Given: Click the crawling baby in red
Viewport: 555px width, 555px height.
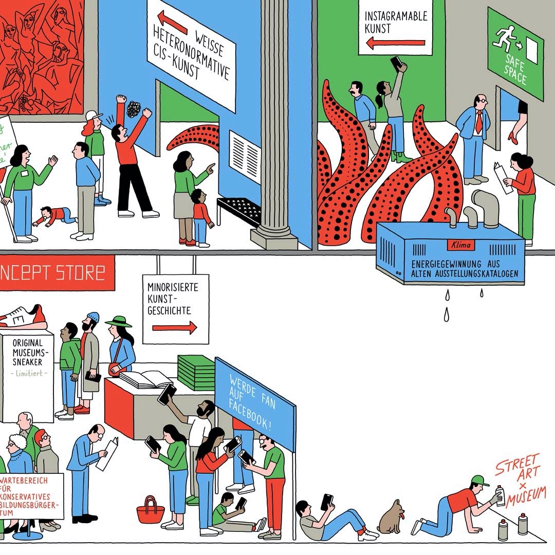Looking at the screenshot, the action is click(x=54, y=216).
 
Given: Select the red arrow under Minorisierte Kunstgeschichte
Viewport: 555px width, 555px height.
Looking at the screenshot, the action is click(x=175, y=327).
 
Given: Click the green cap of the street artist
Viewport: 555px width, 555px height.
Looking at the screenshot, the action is click(x=479, y=480).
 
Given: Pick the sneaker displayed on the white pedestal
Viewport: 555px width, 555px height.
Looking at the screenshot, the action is click(x=23, y=317).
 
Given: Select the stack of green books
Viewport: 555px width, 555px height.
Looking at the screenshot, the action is click(x=196, y=372).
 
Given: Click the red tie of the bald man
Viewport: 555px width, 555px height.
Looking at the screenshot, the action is click(x=478, y=122).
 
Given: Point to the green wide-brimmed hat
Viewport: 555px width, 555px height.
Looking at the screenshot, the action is click(x=118, y=322).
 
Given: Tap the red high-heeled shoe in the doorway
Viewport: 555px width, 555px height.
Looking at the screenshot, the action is click(x=513, y=137).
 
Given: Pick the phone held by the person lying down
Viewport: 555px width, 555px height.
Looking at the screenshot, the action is click(x=327, y=502).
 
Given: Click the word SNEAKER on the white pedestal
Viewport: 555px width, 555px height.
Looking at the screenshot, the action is click(x=28, y=362).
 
